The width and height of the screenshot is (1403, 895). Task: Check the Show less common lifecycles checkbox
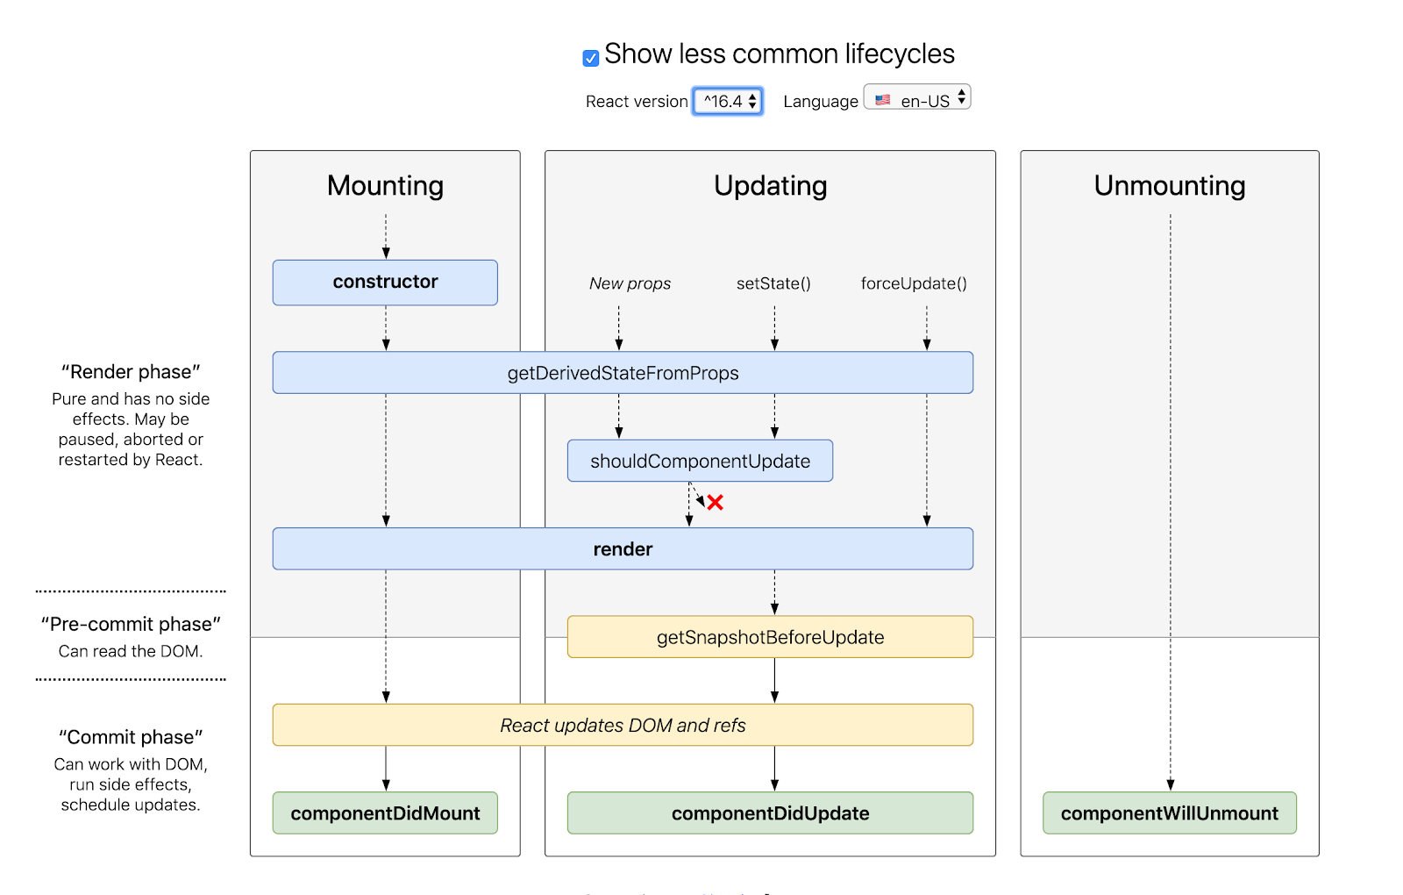pyautogui.click(x=591, y=58)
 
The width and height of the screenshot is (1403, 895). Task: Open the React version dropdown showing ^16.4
pyautogui.click(x=727, y=101)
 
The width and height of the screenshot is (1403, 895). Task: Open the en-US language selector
pyautogui.click(x=917, y=98)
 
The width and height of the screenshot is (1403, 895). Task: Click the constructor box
pyautogui.click(x=385, y=283)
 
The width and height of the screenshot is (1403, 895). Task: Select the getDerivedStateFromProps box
pyautogui.click(x=623, y=373)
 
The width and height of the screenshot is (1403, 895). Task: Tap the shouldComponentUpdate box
pyautogui.click(x=700, y=461)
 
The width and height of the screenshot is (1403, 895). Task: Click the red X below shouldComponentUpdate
pyautogui.click(x=716, y=503)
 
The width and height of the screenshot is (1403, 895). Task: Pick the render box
pyautogui.click(x=623, y=548)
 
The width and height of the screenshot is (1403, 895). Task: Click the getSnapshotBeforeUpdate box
pyautogui.click(x=770, y=637)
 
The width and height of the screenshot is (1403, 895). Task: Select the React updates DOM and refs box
pyautogui.click(x=623, y=725)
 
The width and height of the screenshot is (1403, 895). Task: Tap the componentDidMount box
pyautogui.click(x=385, y=813)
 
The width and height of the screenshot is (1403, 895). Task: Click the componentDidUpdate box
pyautogui.click(x=770, y=813)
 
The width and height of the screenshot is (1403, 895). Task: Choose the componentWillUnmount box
pyautogui.click(x=1169, y=813)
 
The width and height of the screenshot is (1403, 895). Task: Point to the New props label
pyautogui.click(x=630, y=283)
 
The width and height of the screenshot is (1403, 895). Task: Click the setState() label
pyautogui.click(x=773, y=283)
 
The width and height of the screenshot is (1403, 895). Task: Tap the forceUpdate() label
pyautogui.click(x=914, y=283)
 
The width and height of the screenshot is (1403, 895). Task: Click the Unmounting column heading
pyautogui.click(x=1169, y=185)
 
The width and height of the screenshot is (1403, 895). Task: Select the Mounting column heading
pyautogui.click(x=385, y=185)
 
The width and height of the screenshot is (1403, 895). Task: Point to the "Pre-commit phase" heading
pyautogui.click(x=131, y=624)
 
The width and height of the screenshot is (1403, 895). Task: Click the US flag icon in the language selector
pyautogui.click(x=883, y=100)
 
